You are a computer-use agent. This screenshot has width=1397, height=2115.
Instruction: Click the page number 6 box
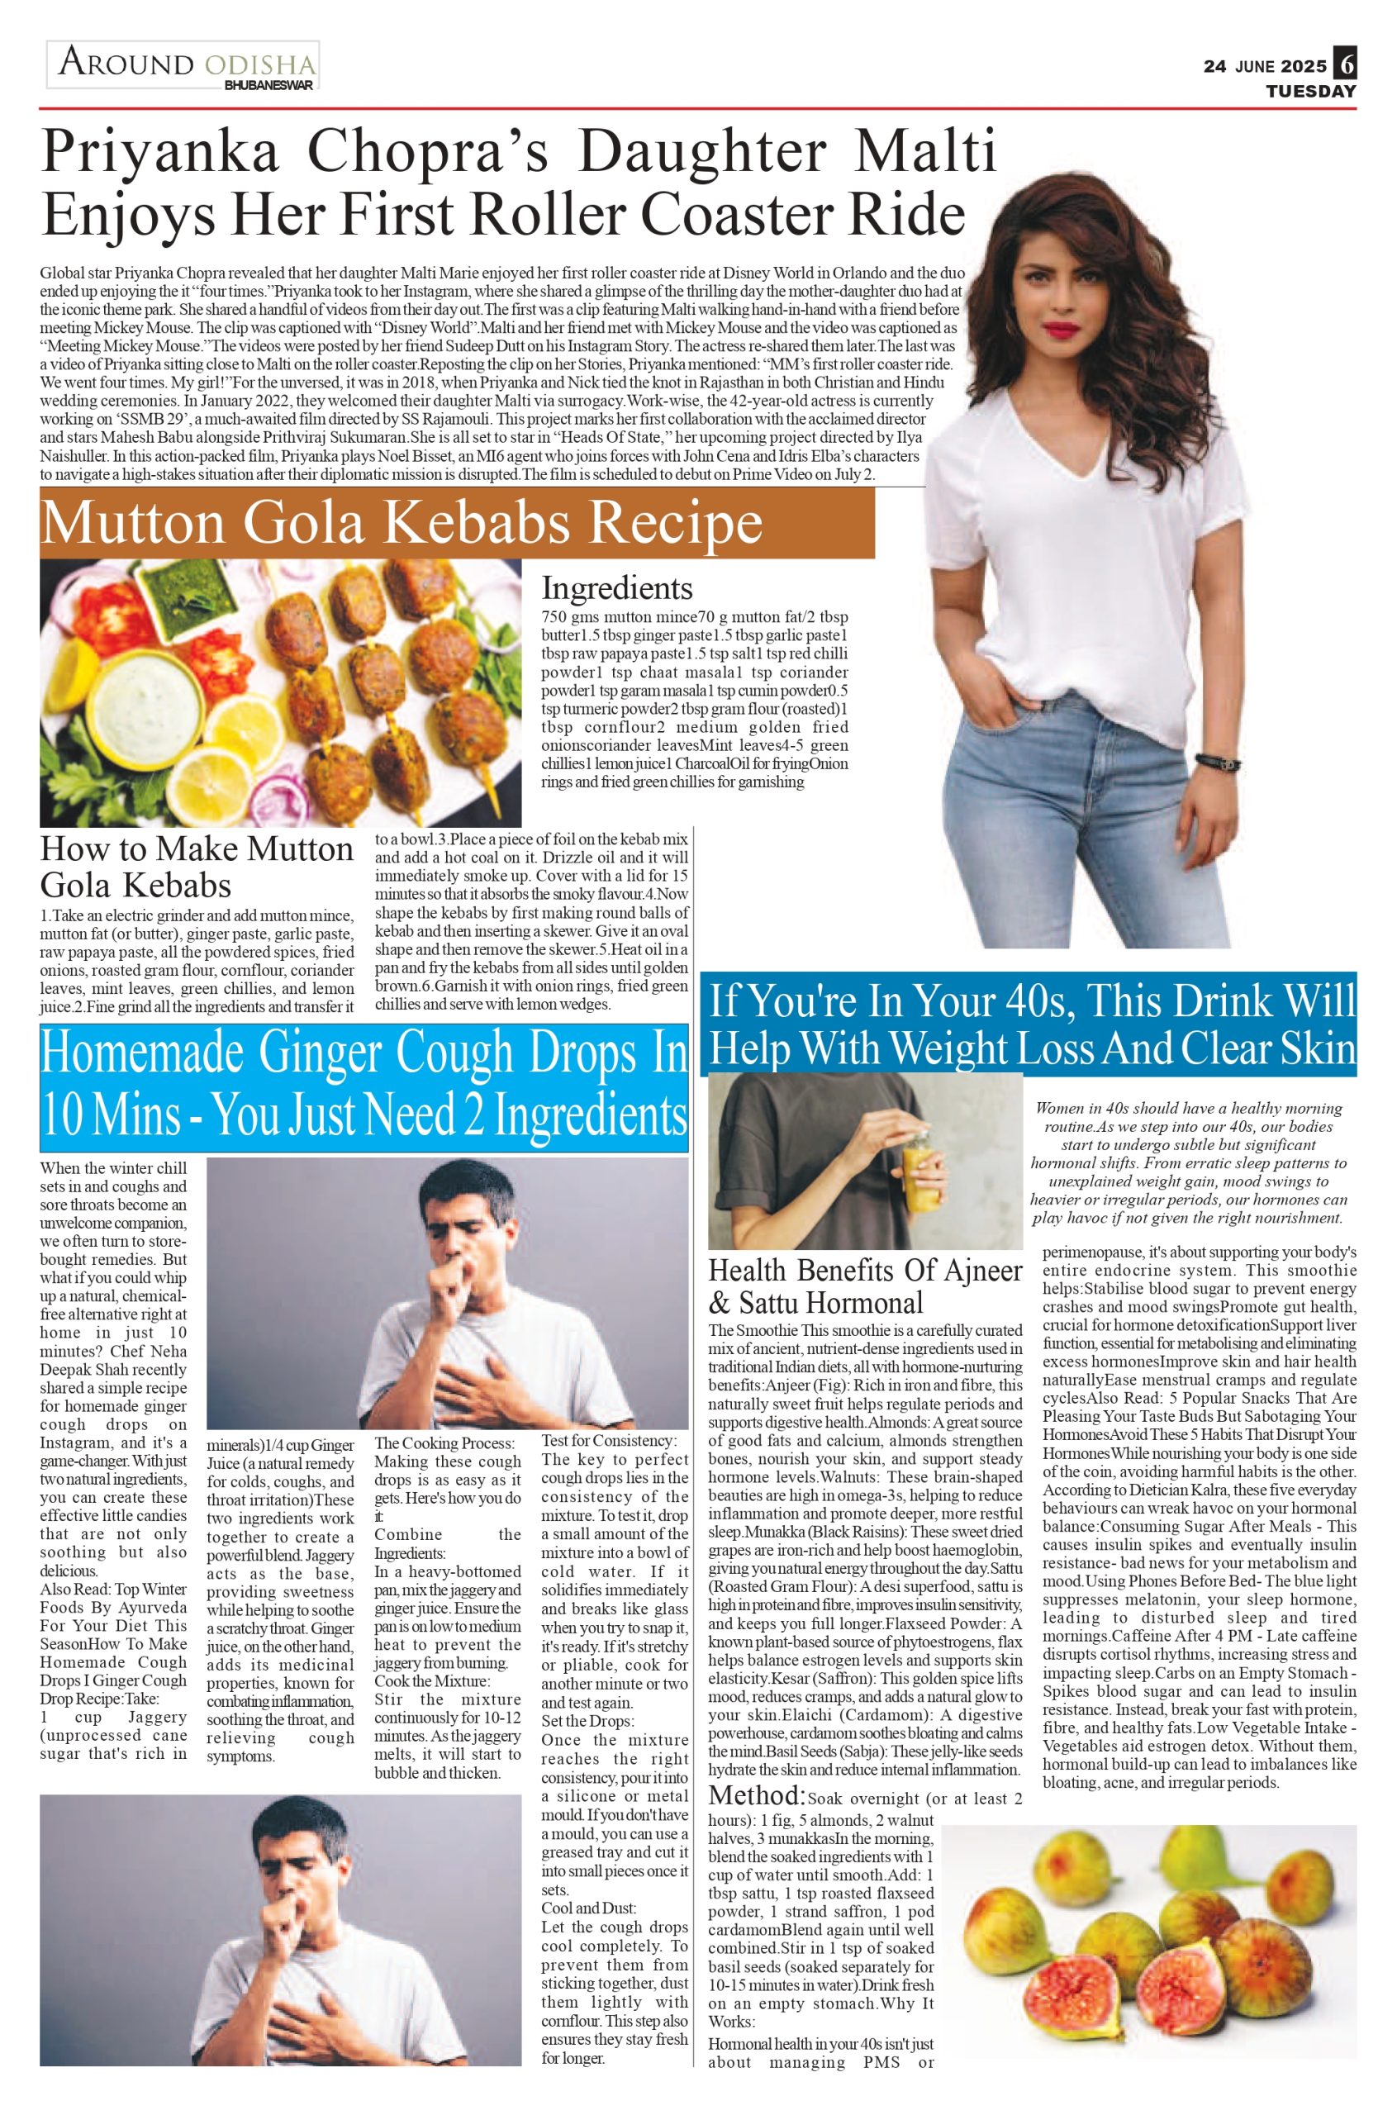coord(1345,64)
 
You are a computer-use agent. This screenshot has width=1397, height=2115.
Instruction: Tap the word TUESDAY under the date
coord(1310,92)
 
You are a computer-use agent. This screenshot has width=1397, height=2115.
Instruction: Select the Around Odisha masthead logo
coord(183,65)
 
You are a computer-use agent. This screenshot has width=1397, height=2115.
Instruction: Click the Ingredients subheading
coord(616,589)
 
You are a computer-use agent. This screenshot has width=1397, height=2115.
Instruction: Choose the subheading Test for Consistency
coord(610,1441)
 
